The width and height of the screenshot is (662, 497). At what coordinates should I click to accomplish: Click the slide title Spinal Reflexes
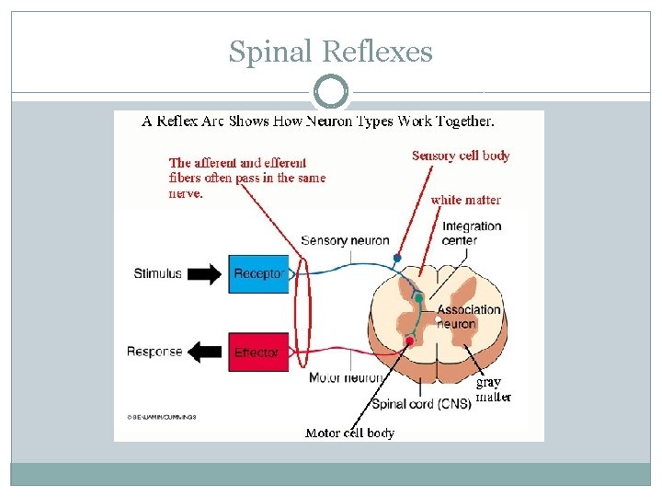pos(330,52)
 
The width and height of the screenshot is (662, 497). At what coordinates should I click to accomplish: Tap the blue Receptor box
pos(258,273)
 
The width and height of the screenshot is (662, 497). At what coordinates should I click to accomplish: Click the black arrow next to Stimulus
pos(204,273)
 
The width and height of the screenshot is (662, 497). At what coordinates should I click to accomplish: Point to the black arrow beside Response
pos(204,352)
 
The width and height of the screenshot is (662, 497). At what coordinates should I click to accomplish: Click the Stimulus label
pos(157,273)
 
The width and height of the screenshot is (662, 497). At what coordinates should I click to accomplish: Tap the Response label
pos(154,352)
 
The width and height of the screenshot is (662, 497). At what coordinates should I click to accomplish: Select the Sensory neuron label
pos(345,241)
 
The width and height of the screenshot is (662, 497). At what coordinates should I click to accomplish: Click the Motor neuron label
pos(346,377)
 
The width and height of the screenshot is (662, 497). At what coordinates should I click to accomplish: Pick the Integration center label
pos(472,233)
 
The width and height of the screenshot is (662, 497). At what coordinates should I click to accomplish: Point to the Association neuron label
pos(468,317)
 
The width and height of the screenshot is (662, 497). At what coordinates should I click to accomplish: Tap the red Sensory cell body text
pos(461,156)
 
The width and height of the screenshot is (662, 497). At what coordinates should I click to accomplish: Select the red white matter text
pos(465,200)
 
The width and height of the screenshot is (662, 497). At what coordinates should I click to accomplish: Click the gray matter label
pos(491,389)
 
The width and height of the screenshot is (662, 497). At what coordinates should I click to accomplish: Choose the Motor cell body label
pos(349,433)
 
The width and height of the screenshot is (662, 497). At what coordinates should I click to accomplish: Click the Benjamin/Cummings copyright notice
pos(161,417)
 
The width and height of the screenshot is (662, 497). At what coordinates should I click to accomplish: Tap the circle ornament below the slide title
pos(331,93)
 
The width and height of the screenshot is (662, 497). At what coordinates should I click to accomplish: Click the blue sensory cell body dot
pos(397,258)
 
